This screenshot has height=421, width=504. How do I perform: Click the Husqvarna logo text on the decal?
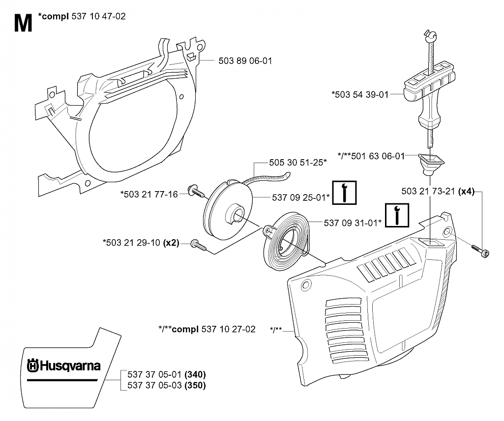point(64,366)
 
